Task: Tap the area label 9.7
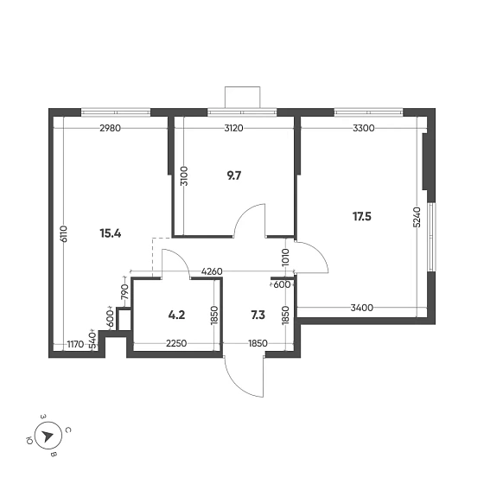(x=233, y=175)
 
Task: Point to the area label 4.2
(x=177, y=315)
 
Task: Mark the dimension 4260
(x=213, y=272)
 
